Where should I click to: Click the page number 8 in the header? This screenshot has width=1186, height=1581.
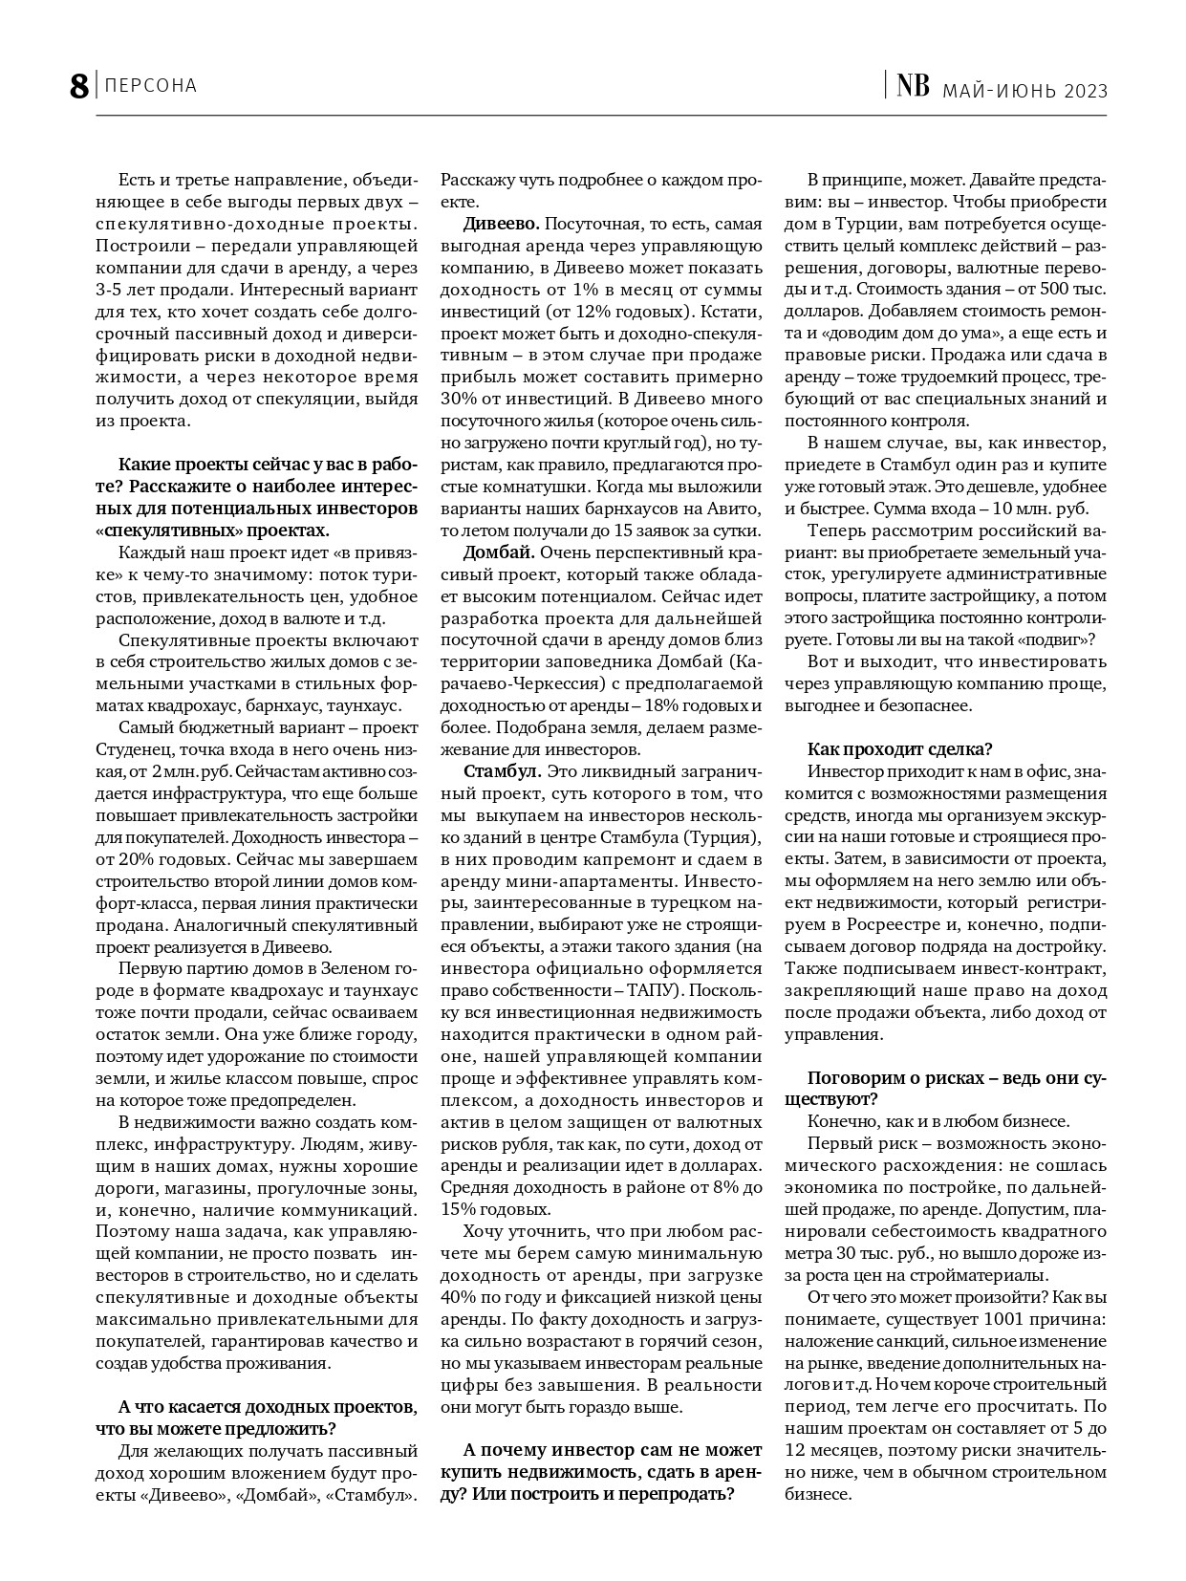click(78, 86)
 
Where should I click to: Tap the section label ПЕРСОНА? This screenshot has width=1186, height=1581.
click(150, 86)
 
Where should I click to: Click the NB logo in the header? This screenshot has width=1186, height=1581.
click(912, 87)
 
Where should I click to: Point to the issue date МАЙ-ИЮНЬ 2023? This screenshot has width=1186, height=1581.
click(1024, 91)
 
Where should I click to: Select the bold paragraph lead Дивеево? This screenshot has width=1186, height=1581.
click(501, 224)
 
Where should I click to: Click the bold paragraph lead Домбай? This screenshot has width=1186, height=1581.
click(498, 552)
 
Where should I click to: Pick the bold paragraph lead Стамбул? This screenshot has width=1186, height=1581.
click(502, 770)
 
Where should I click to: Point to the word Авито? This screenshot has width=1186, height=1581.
click(738, 509)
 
